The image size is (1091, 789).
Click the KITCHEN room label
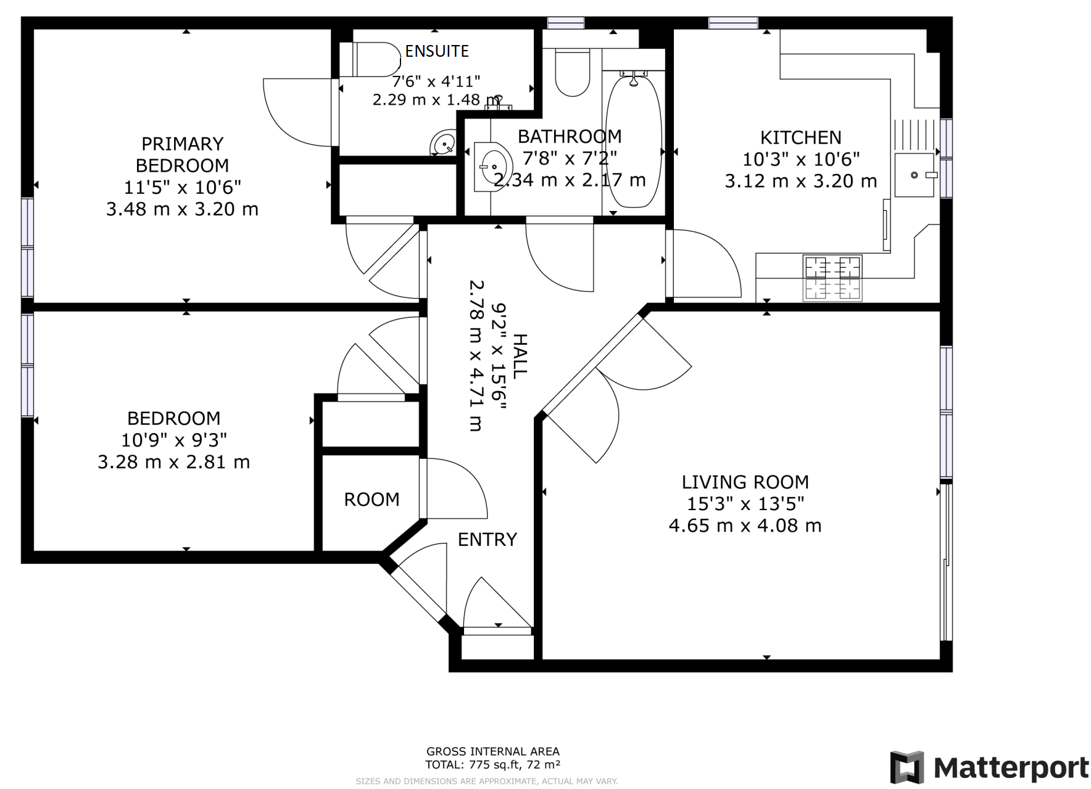point(800,137)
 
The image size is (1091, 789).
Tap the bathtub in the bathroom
point(634,142)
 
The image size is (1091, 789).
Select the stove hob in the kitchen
point(832,278)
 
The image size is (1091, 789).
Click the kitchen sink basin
point(914,175)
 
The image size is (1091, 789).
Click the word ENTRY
point(487,539)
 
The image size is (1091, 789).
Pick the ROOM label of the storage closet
point(371,499)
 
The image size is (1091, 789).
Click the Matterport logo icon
point(906,767)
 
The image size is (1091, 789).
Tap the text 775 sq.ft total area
point(492,765)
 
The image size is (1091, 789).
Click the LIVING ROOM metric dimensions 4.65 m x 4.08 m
point(745,526)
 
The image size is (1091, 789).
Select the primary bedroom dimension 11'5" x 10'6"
point(182,187)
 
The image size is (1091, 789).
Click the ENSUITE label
point(437,51)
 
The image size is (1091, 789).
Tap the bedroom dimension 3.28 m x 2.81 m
point(173,462)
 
